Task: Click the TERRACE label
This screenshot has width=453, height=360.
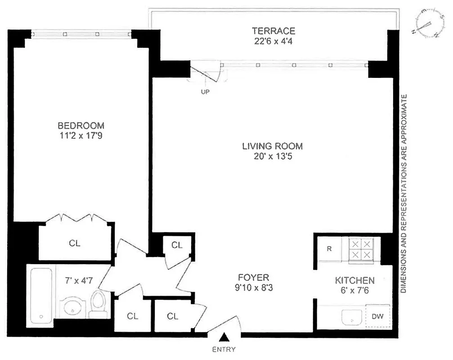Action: tap(274, 31)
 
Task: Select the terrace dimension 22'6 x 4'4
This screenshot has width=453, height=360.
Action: tap(274, 40)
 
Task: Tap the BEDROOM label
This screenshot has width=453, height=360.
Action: tap(81, 126)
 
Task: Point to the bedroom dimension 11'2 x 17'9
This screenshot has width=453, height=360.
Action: tap(81, 135)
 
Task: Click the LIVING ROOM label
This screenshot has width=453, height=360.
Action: tap(272, 146)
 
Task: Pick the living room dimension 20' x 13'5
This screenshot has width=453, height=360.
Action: tap(272, 156)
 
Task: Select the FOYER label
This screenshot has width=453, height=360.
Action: tap(254, 278)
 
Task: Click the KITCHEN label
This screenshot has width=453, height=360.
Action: tap(354, 280)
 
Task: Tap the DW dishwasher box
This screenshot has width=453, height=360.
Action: tap(378, 316)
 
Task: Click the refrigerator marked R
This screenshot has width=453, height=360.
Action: tap(329, 248)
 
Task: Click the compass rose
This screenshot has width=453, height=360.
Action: tap(425, 24)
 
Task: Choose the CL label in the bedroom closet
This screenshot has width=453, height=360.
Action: tap(75, 243)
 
